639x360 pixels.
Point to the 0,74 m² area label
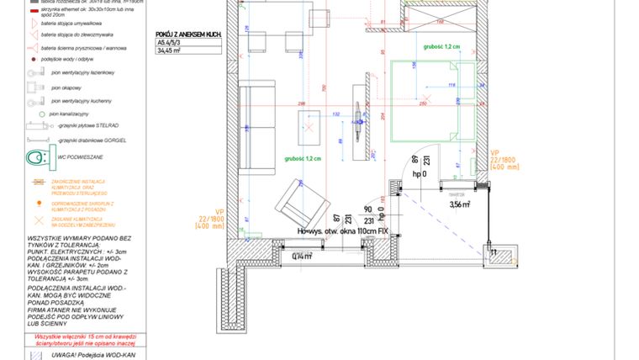coord(301,257)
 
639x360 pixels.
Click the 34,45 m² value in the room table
coord(171,50)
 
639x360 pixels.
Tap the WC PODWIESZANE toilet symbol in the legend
coord(39,158)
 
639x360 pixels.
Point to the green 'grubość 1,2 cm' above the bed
coord(442,47)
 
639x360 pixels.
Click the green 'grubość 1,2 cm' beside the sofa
coord(303,159)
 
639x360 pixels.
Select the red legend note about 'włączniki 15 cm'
coord(78,339)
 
